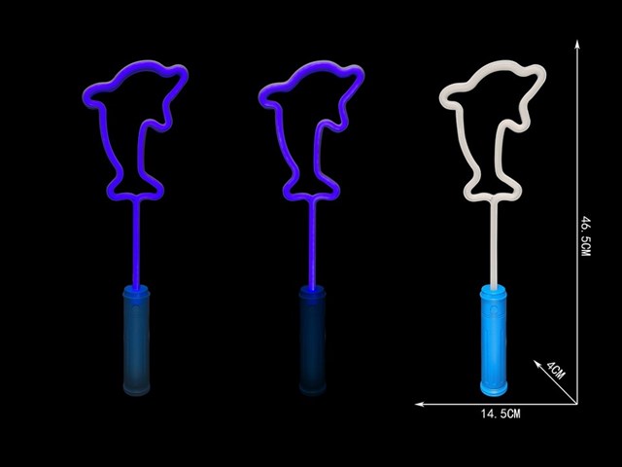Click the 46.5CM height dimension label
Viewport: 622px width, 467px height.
click(x=585, y=235)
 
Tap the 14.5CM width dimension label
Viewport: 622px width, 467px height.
click(x=501, y=413)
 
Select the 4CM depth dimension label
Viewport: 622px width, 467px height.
click(x=556, y=370)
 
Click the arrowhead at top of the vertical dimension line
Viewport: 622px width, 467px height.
click(x=577, y=44)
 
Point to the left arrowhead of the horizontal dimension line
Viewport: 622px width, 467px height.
click(x=420, y=405)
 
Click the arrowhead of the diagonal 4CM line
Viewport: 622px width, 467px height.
click(x=537, y=364)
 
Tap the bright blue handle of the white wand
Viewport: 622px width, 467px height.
click(x=494, y=341)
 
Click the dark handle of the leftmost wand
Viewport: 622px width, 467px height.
click(x=136, y=341)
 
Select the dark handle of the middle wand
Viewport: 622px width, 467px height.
click(x=313, y=341)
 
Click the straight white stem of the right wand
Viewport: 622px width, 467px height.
click(x=494, y=242)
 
